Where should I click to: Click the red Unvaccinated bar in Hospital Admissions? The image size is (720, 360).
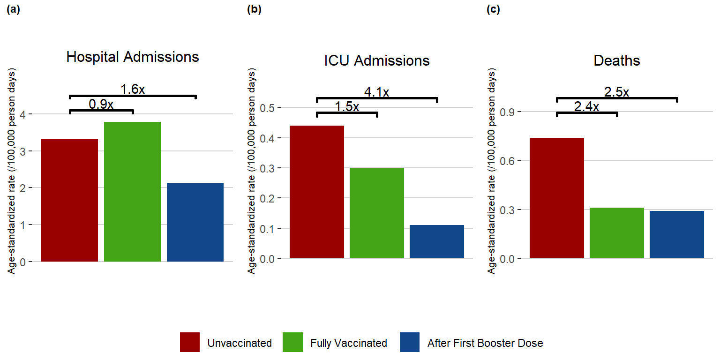coord(70,200)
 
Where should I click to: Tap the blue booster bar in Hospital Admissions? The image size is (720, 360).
coord(195,222)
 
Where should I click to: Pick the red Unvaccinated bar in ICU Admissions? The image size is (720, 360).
coord(317,192)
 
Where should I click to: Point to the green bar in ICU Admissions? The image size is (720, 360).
coord(377,213)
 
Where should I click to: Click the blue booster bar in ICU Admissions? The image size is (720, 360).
coord(437,241)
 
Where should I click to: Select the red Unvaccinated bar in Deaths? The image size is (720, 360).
coord(557,198)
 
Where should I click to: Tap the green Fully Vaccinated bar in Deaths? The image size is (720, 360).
coord(617,232)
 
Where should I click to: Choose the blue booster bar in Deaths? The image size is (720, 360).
coord(677,234)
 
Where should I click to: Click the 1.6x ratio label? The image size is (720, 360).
coord(133,89)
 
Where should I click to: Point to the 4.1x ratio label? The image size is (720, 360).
coord(376,92)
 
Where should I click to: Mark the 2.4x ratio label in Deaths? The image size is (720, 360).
coord(586,107)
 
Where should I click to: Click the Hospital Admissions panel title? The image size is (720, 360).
coord(133,57)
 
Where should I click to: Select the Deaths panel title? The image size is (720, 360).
coord(617,60)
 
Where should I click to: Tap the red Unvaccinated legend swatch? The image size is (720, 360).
coord(190,343)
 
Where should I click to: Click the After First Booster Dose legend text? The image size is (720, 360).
coord(485,343)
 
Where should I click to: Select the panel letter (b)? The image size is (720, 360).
coord(254,10)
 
